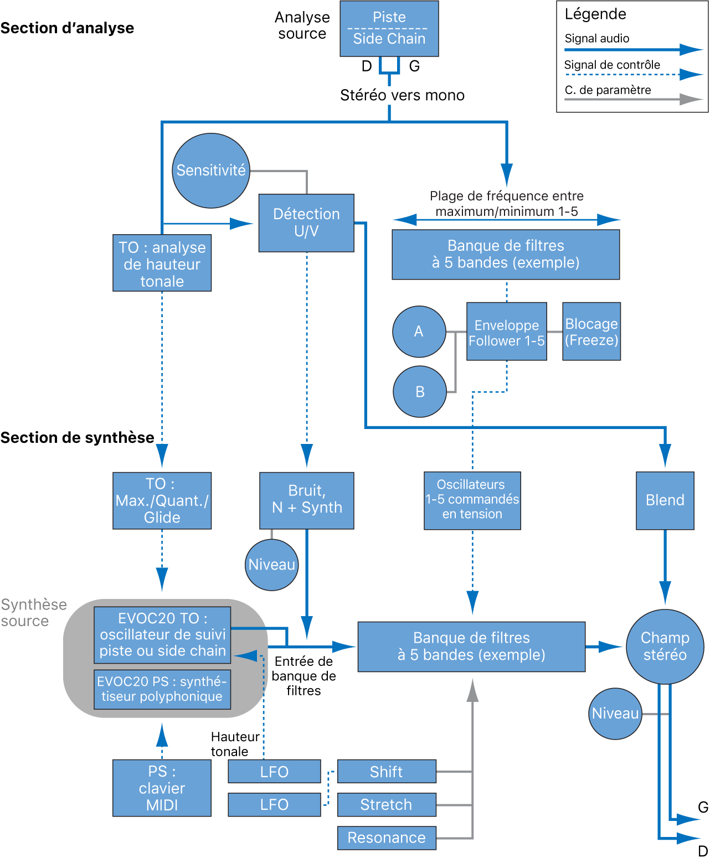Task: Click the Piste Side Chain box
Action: [x=389, y=28]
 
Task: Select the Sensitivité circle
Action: [x=211, y=170]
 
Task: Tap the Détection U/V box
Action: [x=306, y=223]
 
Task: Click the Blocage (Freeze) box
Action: [x=591, y=331]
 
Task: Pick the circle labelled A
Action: [x=419, y=331]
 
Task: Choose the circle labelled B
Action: [x=419, y=391]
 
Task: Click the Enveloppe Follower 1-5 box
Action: [x=506, y=331]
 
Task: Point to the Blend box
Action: [x=665, y=500]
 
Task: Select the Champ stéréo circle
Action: [x=665, y=646]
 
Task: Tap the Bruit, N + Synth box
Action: [x=306, y=500]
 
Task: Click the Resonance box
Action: [x=387, y=838]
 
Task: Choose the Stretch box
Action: [x=387, y=804]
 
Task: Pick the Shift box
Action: [x=387, y=771]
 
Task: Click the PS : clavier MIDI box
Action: [x=162, y=788]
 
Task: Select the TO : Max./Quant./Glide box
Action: [x=162, y=500]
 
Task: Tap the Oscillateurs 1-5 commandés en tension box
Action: [x=472, y=500]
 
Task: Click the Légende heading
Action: [x=595, y=14]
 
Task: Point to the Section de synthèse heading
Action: [x=78, y=438]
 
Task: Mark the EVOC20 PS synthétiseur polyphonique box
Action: [x=162, y=689]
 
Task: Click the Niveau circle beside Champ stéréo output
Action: [x=615, y=714]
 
